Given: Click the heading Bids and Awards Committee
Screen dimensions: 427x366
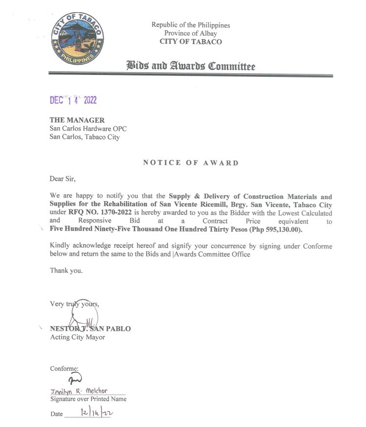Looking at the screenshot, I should [191, 66].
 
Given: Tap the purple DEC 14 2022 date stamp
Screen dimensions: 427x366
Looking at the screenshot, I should [73, 100].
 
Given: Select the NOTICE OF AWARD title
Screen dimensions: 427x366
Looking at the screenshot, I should [191, 163].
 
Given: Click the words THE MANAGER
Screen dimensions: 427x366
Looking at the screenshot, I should [77, 120].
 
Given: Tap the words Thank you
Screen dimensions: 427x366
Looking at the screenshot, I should [66, 270].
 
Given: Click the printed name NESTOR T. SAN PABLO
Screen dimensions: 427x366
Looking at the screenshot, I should [90, 329].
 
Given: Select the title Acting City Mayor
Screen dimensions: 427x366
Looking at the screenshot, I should [77, 337].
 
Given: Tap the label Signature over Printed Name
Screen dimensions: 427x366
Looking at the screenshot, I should [88, 399].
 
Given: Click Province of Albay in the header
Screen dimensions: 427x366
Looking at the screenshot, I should [190, 33].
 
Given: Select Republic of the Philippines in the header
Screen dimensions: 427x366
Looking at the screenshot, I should [190, 25].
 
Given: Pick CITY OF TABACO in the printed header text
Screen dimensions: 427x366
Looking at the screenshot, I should [190, 41].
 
